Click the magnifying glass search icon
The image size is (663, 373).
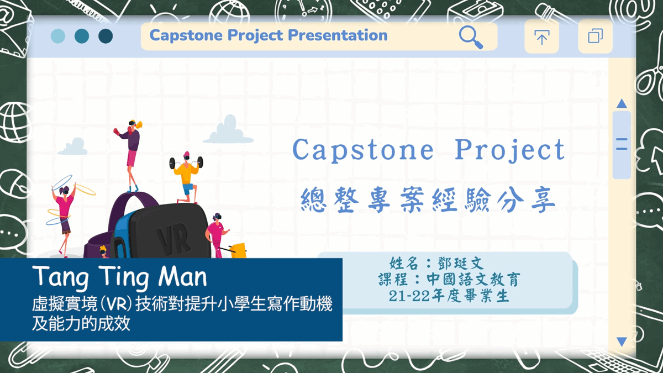(471, 36)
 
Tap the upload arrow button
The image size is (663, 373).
(541, 37)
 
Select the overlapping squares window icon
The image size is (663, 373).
(595, 36)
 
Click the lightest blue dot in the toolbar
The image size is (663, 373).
(58, 36)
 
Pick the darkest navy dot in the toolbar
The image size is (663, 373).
(106, 36)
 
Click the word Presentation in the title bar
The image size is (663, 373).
(338, 35)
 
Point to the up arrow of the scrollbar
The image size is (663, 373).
(622, 104)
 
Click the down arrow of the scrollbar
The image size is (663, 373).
(622, 342)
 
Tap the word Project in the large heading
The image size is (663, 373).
(509, 150)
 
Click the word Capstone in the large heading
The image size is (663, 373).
(363, 150)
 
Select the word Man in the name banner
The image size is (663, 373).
(182, 277)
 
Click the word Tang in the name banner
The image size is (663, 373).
(60, 279)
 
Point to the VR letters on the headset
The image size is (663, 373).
(173, 238)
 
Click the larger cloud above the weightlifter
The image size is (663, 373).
(228, 130)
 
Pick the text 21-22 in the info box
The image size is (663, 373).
(409, 296)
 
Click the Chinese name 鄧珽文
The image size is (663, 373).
(460, 263)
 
